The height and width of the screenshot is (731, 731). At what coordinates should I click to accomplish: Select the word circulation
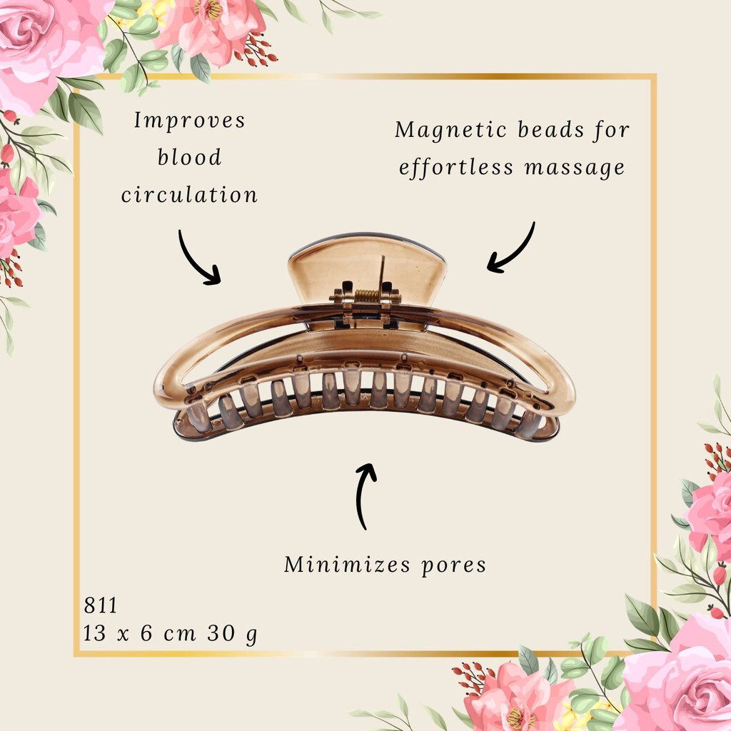189,194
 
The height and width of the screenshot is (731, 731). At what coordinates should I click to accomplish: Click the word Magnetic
450,131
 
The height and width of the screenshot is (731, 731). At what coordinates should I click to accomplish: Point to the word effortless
456,168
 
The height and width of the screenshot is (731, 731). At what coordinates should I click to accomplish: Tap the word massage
575,168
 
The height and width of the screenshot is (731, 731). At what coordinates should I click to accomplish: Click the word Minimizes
348,564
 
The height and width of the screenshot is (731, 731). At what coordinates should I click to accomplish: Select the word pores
453,566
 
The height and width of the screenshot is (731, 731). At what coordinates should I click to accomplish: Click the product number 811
100,605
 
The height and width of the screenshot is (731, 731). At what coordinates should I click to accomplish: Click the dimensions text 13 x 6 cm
139,633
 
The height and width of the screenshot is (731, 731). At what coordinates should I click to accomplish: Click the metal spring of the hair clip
367,296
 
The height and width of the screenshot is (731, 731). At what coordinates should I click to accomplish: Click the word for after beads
612,131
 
